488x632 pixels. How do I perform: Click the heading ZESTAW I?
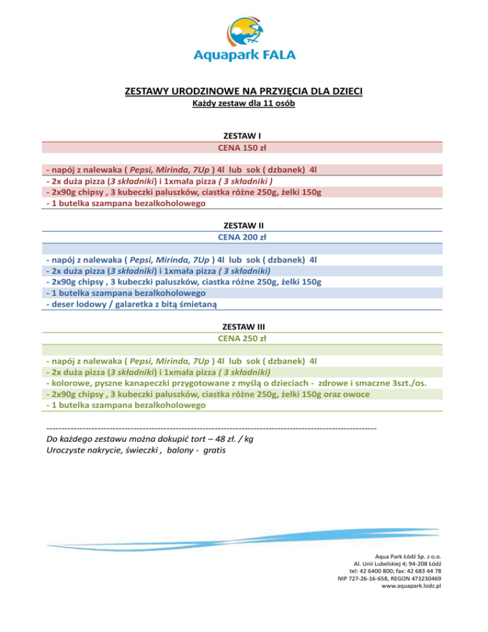pyautogui.click(x=243, y=136)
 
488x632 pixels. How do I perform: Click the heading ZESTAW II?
pyautogui.click(x=243, y=225)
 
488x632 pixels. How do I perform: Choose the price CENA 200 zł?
pyautogui.click(x=243, y=237)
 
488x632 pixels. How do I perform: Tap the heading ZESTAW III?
pyautogui.click(x=243, y=326)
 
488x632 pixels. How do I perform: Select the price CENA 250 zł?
pyautogui.click(x=243, y=338)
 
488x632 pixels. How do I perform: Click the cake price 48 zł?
pyautogui.click(x=218, y=439)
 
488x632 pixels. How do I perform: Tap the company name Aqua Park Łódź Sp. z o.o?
pyautogui.click(x=408, y=557)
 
